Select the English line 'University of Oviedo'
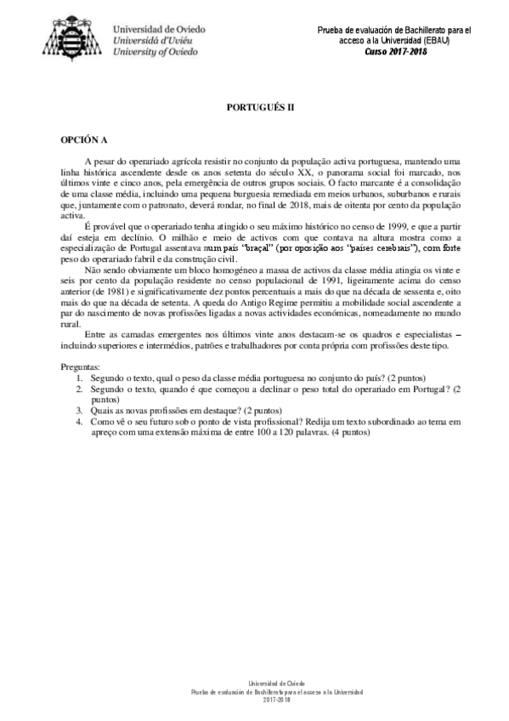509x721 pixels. coord(156,52)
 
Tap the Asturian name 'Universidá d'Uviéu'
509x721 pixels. coord(154,40)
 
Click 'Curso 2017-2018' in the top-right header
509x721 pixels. coord(398,51)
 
